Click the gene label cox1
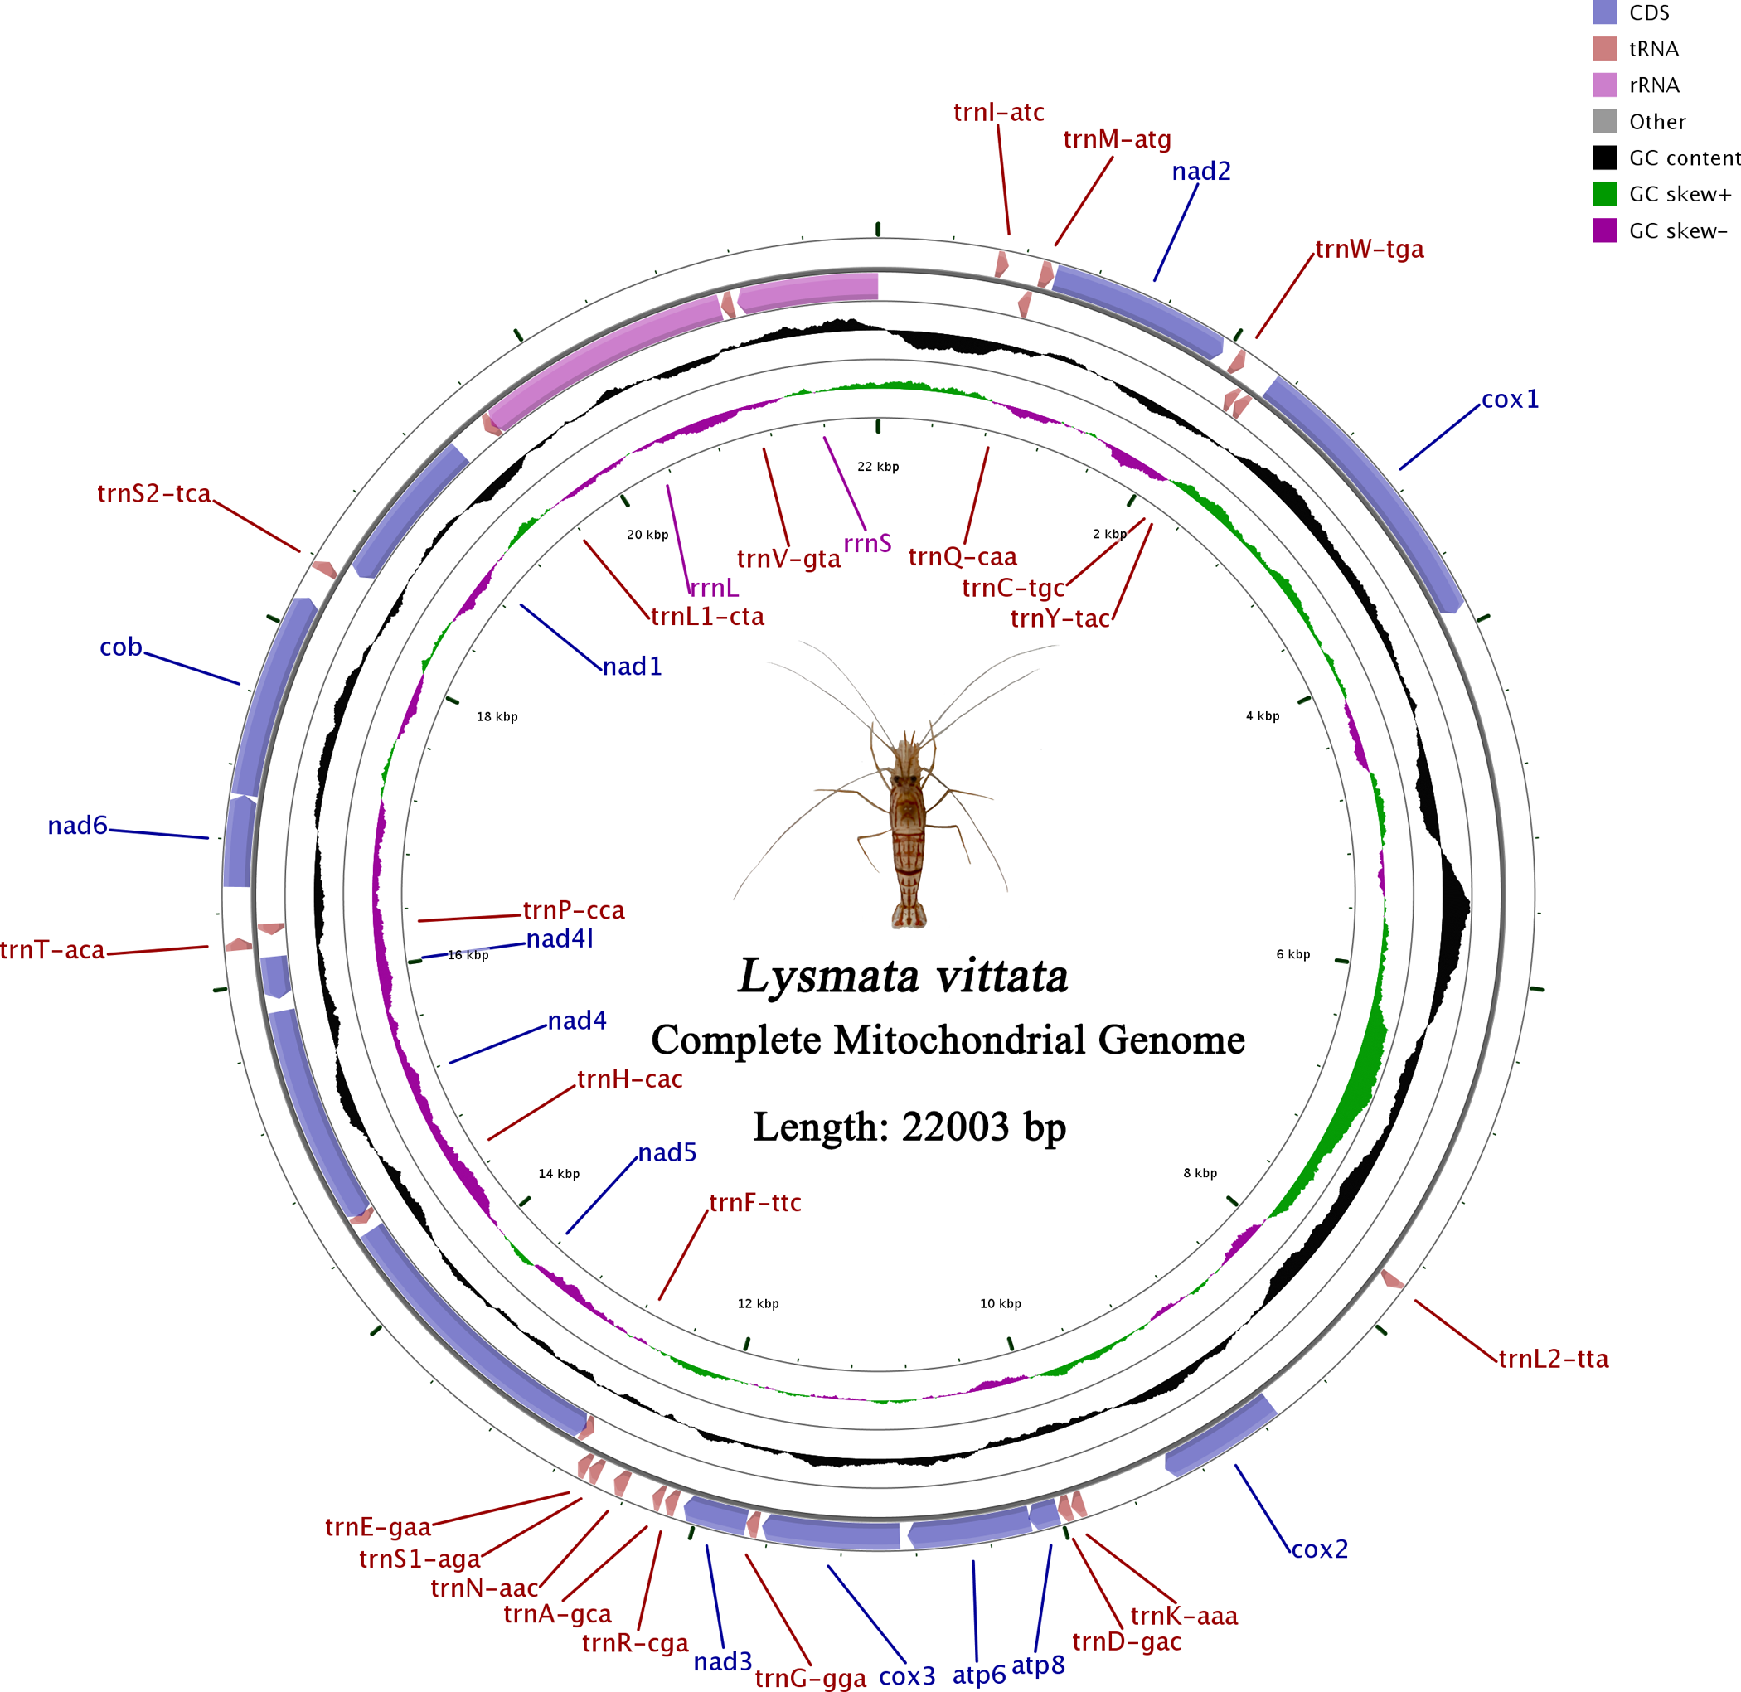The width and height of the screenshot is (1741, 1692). coord(1510,399)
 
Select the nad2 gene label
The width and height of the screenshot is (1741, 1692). coord(1200,171)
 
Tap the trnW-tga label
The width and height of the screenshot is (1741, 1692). coord(1369,249)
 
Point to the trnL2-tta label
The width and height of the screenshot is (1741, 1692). coord(1554,1359)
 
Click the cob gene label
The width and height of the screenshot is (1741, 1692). coord(121,647)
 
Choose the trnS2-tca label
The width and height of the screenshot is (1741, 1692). coord(153,493)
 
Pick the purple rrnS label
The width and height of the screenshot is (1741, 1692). coord(867,543)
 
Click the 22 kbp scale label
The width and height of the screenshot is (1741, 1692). coord(878,467)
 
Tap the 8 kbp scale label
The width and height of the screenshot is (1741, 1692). coord(1200,1173)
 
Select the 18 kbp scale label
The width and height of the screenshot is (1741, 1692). coord(497,716)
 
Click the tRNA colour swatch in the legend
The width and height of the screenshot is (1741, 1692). coord(1605,49)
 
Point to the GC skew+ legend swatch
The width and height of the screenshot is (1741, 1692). coord(1605,194)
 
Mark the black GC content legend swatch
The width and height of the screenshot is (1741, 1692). coord(1605,158)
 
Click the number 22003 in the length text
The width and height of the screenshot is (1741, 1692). coord(955,1126)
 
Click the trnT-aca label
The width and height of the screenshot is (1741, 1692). coord(52,950)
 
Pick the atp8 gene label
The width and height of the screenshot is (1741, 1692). coord(1038,1665)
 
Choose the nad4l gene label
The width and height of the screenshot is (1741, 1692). coord(560,938)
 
